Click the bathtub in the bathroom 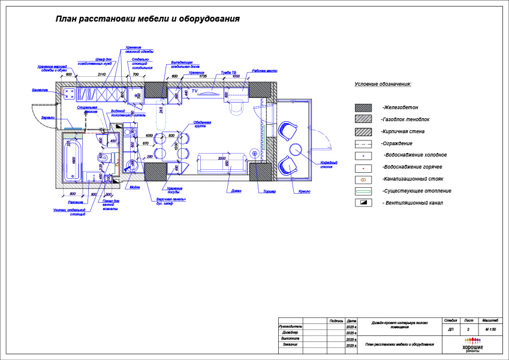click(72, 160)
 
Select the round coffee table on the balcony click(295, 148)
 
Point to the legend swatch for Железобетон click(362, 107)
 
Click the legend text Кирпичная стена click(402, 131)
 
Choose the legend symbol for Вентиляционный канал click(362, 203)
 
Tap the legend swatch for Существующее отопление click(362, 191)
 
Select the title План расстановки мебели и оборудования click(147, 19)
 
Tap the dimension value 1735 click(202, 77)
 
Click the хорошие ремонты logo click(473, 347)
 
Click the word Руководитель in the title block click(290, 326)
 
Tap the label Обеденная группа click(203, 124)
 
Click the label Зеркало click(49, 118)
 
